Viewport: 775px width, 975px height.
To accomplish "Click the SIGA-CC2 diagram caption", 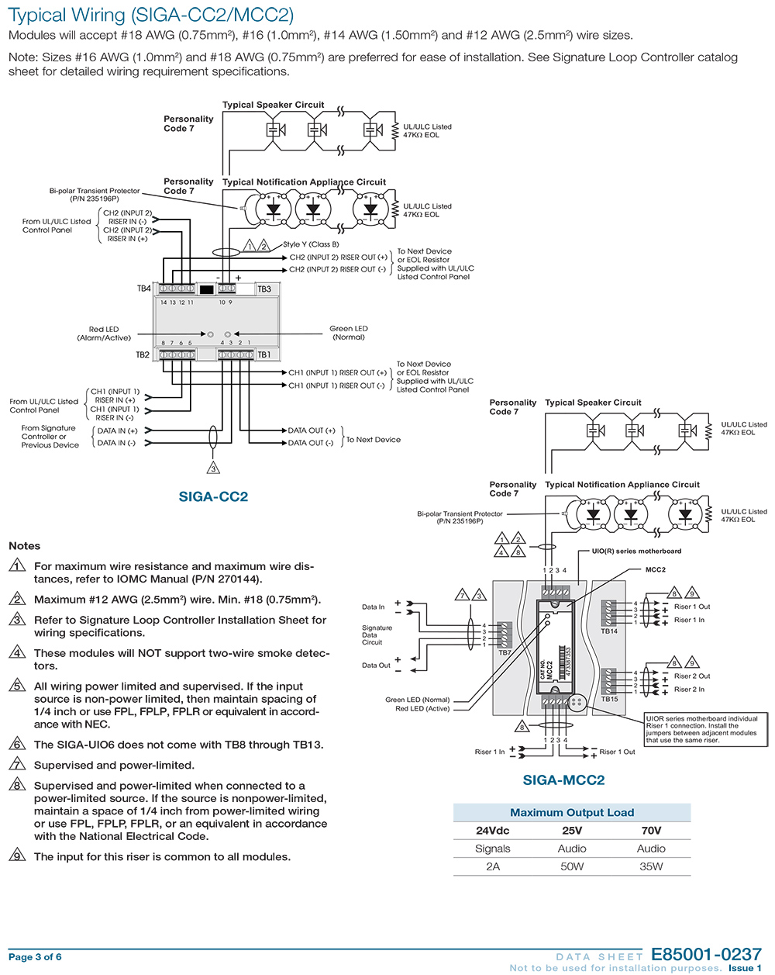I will pos(213,496).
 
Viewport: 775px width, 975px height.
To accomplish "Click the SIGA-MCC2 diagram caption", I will pos(563,780).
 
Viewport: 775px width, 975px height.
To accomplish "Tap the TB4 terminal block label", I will pos(144,289).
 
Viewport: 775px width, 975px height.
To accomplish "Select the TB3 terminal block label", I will pos(264,289).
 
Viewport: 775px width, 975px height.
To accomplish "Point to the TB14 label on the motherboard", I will pos(609,631).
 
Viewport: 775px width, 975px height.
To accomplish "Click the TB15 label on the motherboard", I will pos(609,699).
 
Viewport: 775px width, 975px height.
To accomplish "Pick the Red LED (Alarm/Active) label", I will pos(104,334).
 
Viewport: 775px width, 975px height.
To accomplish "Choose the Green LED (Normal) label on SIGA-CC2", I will pos(349,333).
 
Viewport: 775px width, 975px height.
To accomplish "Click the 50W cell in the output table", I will pos(572,866).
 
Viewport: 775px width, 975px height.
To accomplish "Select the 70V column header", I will pos(651,830).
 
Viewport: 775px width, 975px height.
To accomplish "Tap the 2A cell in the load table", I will pos(493,866).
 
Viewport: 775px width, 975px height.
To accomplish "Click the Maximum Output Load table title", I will pos(572,813).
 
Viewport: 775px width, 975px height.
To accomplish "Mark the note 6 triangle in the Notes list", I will pos(17,745).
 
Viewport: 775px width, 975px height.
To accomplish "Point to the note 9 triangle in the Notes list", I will pos(17,856).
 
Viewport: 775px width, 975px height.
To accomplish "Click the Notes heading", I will pos(24,546).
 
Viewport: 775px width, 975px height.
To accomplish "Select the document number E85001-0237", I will pos(706,955).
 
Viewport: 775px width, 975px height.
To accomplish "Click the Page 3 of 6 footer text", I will pos(35,957).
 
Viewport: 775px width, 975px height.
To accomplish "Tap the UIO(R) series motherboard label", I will pos(636,551).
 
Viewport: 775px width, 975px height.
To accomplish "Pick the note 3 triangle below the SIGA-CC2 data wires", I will pos(213,468).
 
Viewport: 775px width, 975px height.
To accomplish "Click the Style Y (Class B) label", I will pos(311,244).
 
